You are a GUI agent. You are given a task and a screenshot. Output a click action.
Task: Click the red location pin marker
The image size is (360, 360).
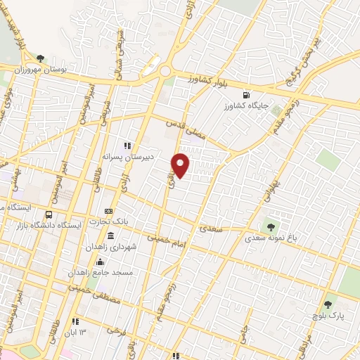click(181, 165)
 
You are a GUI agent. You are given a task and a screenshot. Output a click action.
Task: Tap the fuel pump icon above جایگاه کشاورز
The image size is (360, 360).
click(245, 95)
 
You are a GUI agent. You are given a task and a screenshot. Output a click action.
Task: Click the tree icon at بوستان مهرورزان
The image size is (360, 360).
click(39, 58)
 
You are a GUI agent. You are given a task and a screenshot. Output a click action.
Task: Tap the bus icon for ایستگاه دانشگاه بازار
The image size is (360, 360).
click(49, 214)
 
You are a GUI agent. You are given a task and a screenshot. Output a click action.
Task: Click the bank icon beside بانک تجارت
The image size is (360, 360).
click(108, 211)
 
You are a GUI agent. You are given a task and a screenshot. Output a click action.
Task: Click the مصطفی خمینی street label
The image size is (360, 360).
click(95, 294)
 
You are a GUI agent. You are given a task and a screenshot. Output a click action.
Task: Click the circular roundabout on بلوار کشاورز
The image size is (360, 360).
click(167, 71)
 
